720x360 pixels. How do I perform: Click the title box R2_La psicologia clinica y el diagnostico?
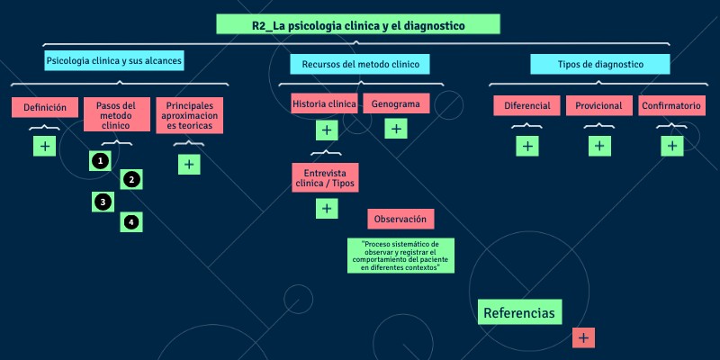pyautogui.click(x=358, y=25)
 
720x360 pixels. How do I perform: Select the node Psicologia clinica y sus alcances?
pyautogui.click(x=113, y=61)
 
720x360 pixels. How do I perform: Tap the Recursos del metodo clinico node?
pyautogui.click(x=359, y=64)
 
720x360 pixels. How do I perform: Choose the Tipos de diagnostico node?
pyautogui.click(x=599, y=64)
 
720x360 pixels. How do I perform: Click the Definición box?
pyautogui.click(x=45, y=107)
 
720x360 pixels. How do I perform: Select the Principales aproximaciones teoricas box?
pyautogui.click(x=189, y=115)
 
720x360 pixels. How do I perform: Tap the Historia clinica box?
pyautogui.click(x=324, y=103)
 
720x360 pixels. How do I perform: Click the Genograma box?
pyautogui.click(x=396, y=103)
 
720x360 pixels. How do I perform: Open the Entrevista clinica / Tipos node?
pyautogui.click(x=325, y=176)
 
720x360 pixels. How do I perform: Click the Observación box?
pyautogui.click(x=400, y=219)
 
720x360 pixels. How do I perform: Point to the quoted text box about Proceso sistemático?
pyautogui.click(x=400, y=256)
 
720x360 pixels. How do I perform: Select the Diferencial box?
pyautogui.click(x=526, y=105)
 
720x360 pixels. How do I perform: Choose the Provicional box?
pyautogui.click(x=598, y=105)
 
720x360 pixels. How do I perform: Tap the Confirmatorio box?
pyautogui.click(x=670, y=105)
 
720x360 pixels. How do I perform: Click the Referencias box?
pyautogui.click(x=519, y=312)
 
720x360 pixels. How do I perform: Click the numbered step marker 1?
pyautogui.click(x=101, y=160)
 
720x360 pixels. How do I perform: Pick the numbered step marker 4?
pyautogui.click(x=131, y=221)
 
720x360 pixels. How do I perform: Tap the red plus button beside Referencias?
pyautogui.click(x=583, y=337)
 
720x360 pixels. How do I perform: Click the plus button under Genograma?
pyautogui.click(x=395, y=129)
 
